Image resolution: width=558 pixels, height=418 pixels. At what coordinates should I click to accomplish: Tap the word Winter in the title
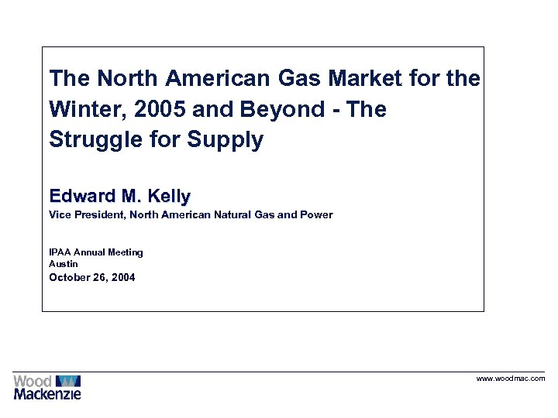click(83, 109)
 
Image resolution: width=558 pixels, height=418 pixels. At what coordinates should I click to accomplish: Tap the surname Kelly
click(167, 195)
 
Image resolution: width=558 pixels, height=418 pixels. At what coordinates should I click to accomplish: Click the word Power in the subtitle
click(316, 214)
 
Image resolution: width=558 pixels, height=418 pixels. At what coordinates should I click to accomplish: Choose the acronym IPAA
click(60, 252)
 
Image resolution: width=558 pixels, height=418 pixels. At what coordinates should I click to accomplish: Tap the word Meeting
click(126, 252)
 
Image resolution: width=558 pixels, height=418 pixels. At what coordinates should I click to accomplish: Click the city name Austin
click(64, 264)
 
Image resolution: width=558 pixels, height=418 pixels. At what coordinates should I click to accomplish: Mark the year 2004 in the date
click(122, 277)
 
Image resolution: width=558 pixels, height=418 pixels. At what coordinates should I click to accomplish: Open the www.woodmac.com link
click(510, 379)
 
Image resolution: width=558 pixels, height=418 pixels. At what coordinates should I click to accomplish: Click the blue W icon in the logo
click(68, 380)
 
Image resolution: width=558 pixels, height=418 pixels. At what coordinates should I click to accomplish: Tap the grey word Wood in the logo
click(33, 381)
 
